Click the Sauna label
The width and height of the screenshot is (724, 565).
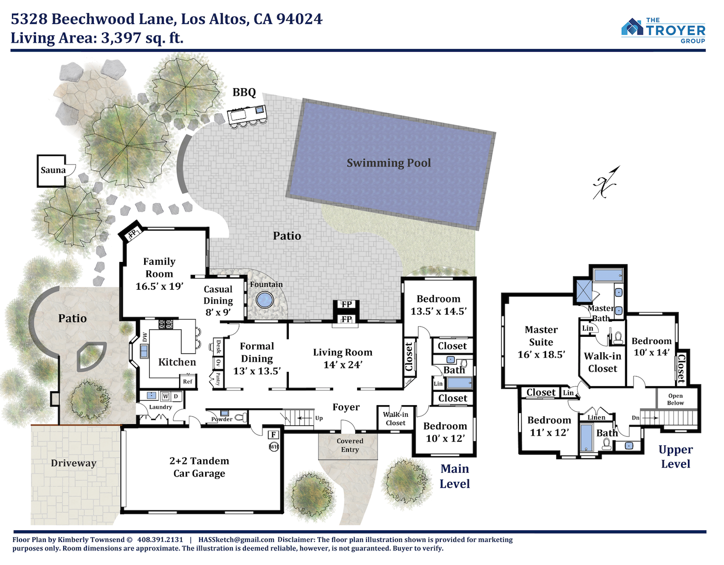click(53, 170)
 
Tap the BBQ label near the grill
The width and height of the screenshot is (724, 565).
click(244, 92)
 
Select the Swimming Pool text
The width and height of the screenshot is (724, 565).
click(389, 163)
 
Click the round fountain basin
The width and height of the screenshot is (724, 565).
click(265, 300)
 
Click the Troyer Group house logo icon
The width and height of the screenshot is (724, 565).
click(632, 27)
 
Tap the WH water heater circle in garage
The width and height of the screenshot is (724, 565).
click(274, 447)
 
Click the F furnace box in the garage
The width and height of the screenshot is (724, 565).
click(273, 434)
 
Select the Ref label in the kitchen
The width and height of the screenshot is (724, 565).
click(188, 382)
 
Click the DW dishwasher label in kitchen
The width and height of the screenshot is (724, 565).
click(145, 337)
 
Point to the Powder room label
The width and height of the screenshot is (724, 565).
click(222, 419)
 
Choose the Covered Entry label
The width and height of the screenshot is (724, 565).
click(349, 445)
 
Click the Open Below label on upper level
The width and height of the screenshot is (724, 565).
click(675, 399)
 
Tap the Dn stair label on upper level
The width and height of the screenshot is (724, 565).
click(636, 418)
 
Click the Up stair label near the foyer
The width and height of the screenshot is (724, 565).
click(319, 418)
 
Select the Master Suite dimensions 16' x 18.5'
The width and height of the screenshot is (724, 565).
click(541, 354)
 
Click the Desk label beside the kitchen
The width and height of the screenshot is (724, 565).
click(219, 346)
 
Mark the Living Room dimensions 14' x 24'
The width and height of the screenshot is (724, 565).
click(342, 365)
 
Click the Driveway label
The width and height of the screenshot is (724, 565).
click(73, 463)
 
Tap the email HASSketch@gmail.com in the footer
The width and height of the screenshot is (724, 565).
click(236, 540)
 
